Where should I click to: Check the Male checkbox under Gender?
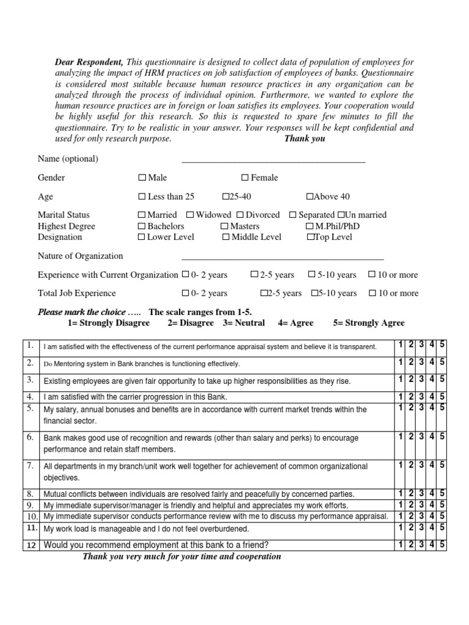(x=142, y=178)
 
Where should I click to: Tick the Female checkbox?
(x=245, y=178)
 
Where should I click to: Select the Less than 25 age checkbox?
(x=142, y=197)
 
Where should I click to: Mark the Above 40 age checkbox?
(x=309, y=197)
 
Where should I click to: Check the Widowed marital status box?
(x=190, y=215)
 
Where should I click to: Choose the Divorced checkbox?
(x=240, y=215)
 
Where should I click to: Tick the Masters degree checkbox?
(x=225, y=226)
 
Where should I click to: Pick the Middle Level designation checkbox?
(x=226, y=237)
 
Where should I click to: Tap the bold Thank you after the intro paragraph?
(x=305, y=139)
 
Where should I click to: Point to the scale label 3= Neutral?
(x=244, y=323)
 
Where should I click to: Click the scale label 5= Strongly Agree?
(x=368, y=323)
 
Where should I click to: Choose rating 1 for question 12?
(x=400, y=544)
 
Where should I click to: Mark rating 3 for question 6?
(x=421, y=436)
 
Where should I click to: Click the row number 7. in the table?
(x=30, y=466)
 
